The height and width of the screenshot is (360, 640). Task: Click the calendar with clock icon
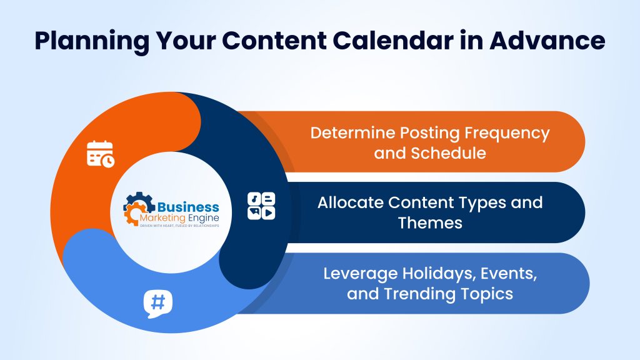click(x=100, y=154)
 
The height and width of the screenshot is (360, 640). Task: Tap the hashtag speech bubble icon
click(x=157, y=303)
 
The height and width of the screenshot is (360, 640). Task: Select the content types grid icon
click(x=261, y=206)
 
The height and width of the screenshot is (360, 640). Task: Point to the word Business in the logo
click(x=188, y=207)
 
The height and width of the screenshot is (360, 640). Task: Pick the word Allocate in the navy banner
click(x=349, y=202)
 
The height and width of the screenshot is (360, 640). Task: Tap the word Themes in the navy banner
click(x=430, y=222)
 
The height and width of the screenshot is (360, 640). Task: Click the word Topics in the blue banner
click(x=487, y=293)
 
